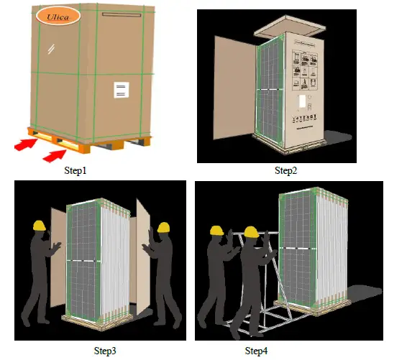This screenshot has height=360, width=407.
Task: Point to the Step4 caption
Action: pyautogui.click(x=257, y=351)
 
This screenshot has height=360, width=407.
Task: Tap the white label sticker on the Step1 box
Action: pyautogui.click(x=122, y=90)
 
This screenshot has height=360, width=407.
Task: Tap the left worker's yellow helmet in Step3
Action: pyautogui.click(x=40, y=224)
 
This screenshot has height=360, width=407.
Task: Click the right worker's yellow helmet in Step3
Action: pyautogui.click(x=164, y=228)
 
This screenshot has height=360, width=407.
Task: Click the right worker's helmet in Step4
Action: pyautogui.click(x=251, y=232)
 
